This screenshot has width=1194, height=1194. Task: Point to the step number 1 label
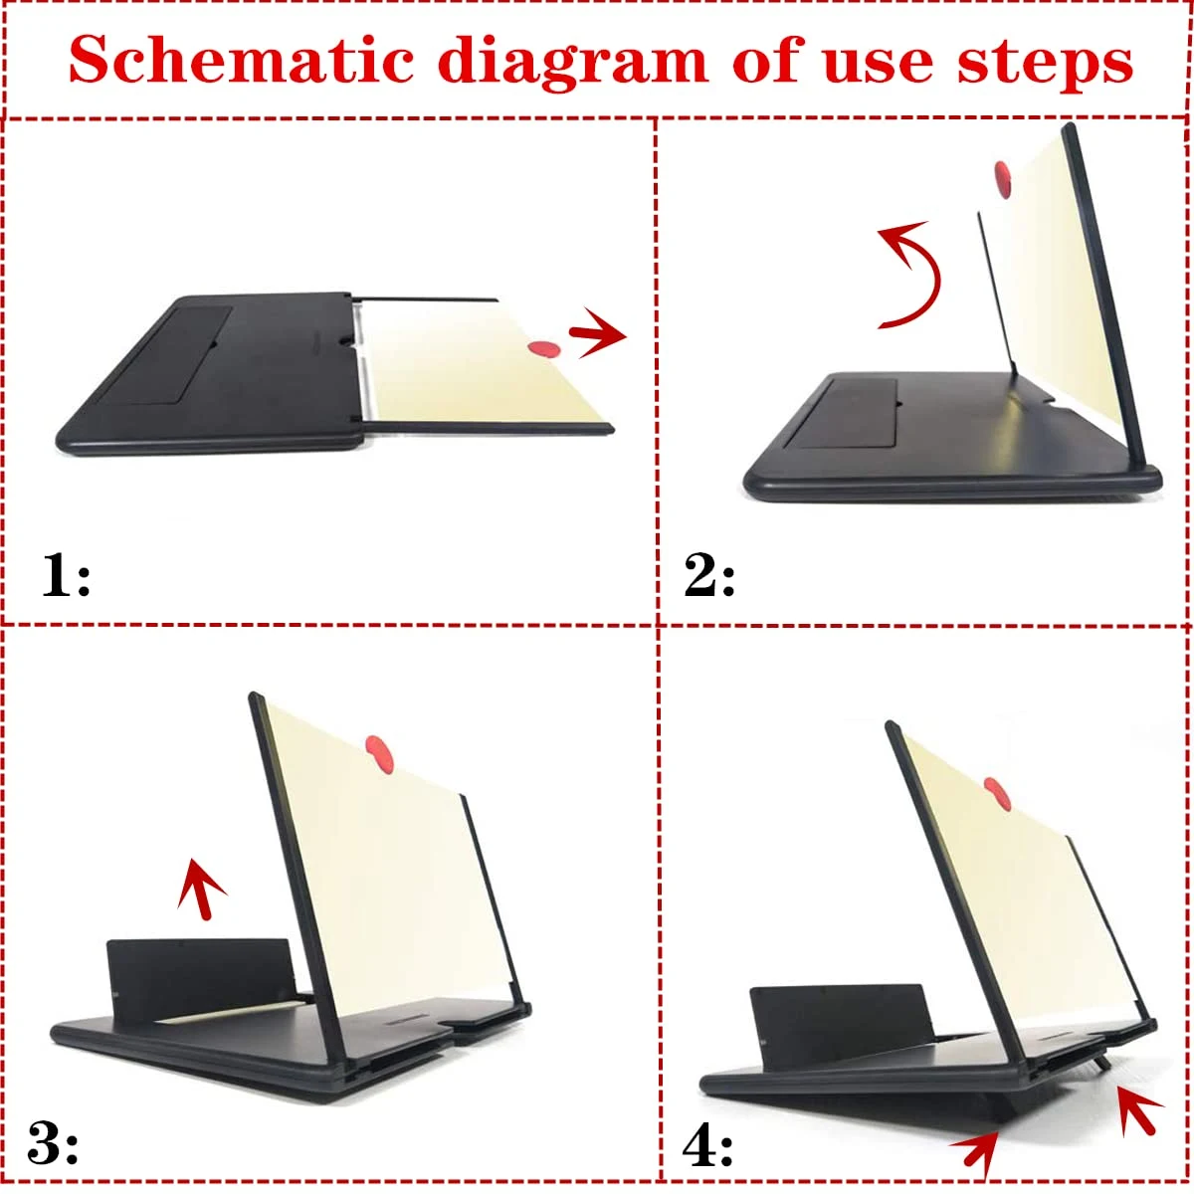[x=66, y=575]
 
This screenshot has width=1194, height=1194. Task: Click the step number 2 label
[x=708, y=576]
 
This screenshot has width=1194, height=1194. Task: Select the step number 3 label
[x=53, y=1141]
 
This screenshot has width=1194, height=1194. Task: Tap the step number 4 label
[x=707, y=1141]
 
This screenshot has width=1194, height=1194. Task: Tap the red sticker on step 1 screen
[x=544, y=349]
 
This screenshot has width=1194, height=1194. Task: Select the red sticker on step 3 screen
[x=380, y=754]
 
